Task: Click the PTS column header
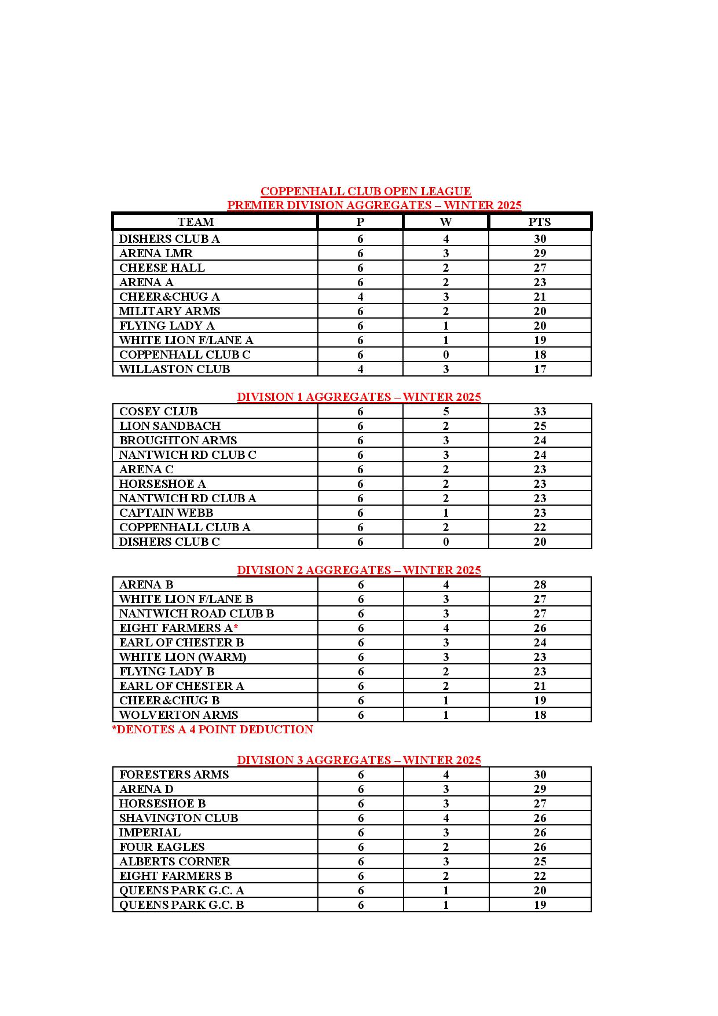click(x=539, y=222)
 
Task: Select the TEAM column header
click(x=196, y=222)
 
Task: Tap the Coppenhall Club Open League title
click(x=365, y=191)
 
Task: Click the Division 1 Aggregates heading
click(x=359, y=397)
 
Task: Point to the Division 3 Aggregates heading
click(x=359, y=760)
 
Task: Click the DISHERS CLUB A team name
click(x=169, y=239)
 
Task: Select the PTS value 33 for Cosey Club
click(x=540, y=411)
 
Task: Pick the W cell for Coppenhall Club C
click(x=445, y=354)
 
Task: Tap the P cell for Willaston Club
click(x=360, y=369)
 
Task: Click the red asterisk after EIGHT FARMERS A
click(x=236, y=628)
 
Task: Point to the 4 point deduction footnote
click(x=213, y=729)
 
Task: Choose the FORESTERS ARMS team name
click(x=174, y=774)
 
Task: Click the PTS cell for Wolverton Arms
click(x=540, y=715)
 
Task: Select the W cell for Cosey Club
click(x=445, y=411)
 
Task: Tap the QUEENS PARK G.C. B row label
click(x=181, y=905)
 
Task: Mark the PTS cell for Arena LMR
click(x=540, y=253)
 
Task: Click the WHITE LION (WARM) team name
click(x=182, y=657)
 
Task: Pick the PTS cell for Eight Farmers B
click(x=540, y=876)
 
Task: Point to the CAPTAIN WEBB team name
click(x=166, y=513)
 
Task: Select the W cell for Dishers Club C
click(x=445, y=542)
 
